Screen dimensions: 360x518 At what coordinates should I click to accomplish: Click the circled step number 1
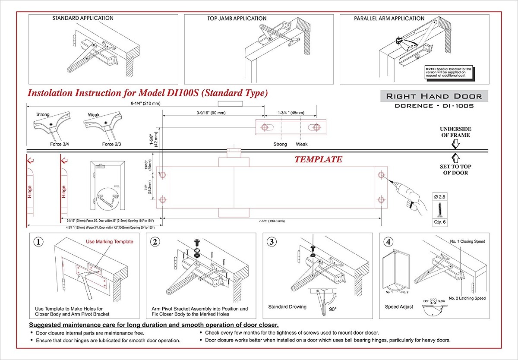click(39, 242)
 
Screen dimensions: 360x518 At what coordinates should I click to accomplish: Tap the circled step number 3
click(271, 242)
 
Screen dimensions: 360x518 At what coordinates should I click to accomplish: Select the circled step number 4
click(388, 242)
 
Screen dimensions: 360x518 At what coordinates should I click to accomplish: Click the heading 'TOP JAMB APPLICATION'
click(237, 19)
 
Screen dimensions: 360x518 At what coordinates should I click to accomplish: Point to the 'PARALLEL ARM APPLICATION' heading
click(389, 19)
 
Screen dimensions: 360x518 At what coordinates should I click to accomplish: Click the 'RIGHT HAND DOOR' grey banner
click(434, 96)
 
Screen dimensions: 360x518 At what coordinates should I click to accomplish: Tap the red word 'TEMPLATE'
click(319, 159)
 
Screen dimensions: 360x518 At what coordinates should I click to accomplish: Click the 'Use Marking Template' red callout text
click(110, 242)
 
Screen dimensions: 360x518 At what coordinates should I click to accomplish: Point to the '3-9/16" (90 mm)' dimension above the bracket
click(208, 113)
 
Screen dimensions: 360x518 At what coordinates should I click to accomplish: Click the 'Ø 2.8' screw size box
click(439, 197)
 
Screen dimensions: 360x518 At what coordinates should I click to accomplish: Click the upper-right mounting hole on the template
click(381, 175)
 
